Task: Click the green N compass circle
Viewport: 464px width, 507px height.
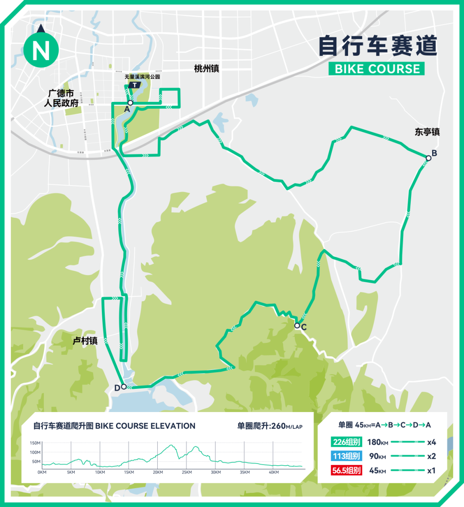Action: pos(41,50)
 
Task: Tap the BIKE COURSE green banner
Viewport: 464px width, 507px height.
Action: pos(377,69)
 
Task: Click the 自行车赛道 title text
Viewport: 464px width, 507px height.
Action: pos(378,46)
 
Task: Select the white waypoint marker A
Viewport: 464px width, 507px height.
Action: pos(130,103)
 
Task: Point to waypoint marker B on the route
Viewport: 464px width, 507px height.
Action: pos(428,158)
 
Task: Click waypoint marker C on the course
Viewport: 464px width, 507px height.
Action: pos(297,326)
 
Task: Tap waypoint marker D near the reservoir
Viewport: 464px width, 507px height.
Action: pos(124,387)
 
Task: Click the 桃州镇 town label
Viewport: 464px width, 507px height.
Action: pos(207,68)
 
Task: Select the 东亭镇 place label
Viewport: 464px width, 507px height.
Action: pos(427,132)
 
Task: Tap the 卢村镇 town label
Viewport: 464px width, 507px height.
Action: pos(85,341)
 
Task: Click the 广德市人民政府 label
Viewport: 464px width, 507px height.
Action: pos(61,98)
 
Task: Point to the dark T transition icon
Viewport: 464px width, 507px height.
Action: pos(135,85)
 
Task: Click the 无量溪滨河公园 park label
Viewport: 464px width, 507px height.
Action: pos(142,76)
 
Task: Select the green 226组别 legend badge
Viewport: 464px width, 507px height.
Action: pos(346,442)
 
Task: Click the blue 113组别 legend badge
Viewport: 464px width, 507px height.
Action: pos(346,456)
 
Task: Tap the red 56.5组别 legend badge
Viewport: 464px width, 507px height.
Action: pos(346,470)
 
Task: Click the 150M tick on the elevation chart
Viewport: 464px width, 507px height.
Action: pos(35,443)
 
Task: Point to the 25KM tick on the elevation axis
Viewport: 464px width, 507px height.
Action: pos(186,472)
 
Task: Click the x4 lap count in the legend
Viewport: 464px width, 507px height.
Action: pos(431,442)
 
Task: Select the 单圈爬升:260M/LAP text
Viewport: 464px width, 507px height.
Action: pos(270,426)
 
